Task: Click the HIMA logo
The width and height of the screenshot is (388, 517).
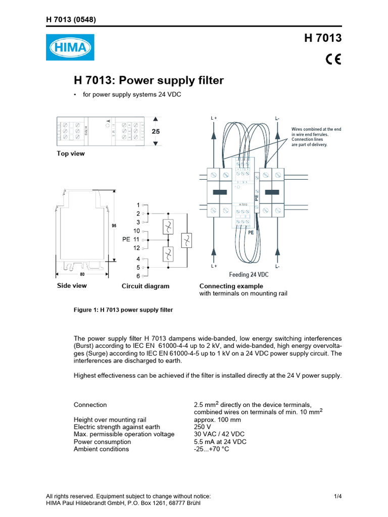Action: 70,47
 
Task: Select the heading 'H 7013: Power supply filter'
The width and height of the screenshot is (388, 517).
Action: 149,81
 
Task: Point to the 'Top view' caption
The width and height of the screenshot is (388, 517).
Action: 71,153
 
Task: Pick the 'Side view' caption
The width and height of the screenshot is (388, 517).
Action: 72,286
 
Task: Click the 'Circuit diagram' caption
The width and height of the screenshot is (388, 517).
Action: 145,286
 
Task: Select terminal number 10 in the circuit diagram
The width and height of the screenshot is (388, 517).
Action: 136,231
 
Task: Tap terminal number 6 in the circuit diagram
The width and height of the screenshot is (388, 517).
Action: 137,276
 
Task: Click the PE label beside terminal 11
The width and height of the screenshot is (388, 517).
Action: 126,239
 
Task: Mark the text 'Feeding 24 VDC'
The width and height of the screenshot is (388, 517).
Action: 249,275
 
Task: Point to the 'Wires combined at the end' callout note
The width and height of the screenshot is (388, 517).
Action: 316,129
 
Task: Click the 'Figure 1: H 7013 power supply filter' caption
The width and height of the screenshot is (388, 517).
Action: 123,310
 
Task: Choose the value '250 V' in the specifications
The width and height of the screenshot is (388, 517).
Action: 203,427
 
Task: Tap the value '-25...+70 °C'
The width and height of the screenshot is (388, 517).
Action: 211,449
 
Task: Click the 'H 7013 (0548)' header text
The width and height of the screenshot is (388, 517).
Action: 71,20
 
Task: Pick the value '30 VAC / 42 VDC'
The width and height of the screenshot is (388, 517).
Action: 220,434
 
